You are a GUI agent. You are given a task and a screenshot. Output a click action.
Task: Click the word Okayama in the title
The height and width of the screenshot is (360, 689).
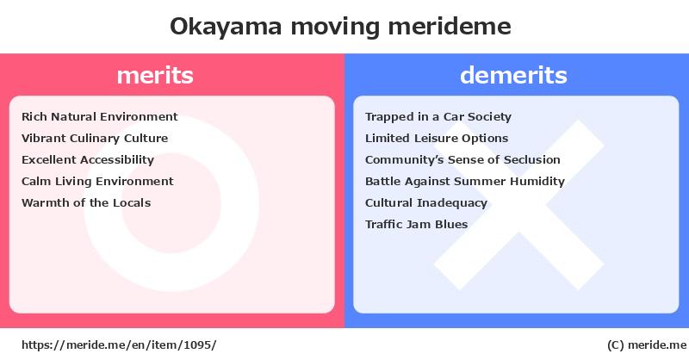coord(226,27)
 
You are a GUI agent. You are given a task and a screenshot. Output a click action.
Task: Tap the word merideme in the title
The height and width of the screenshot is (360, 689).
coord(450,26)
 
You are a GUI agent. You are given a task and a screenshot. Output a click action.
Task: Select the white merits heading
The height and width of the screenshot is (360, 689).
coord(155,76)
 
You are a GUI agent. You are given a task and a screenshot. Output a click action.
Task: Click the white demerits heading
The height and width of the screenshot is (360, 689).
coord(513,75)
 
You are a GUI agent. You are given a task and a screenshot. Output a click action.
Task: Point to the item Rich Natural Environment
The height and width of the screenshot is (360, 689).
coord(100,116)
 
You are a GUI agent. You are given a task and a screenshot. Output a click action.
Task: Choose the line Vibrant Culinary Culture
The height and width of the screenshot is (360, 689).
coord(95,139)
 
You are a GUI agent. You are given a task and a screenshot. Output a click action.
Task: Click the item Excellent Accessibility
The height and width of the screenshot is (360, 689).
coord(88,160)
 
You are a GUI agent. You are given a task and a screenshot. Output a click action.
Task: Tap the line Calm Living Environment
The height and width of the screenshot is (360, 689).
coord(97,182)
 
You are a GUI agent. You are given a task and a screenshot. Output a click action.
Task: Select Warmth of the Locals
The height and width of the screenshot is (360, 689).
coord(86,202)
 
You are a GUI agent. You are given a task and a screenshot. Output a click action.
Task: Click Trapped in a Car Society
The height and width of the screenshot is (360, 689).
coord(438,117)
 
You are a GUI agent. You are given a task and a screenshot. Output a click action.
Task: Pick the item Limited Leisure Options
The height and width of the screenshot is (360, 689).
coord(437,139)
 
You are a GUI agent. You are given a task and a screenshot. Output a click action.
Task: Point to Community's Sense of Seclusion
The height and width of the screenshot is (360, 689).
coord(462,159)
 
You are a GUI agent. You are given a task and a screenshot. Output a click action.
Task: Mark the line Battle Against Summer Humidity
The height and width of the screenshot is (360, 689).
coord(465,182)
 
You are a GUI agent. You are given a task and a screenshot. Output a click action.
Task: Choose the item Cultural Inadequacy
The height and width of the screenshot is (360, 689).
coord(426,203)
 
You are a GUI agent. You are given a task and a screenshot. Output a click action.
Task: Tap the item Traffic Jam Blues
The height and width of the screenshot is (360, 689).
coord(417,224)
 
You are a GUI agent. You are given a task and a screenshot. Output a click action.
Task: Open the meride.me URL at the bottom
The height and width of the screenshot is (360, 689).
coord(119,345)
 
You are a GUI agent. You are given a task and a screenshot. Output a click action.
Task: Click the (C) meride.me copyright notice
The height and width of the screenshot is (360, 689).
coord(647,345)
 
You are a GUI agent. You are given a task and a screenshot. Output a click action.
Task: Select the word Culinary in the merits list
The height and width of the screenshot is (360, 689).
coord(95,139)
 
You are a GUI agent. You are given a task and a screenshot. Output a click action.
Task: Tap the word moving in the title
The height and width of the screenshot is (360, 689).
coord(335,28)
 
